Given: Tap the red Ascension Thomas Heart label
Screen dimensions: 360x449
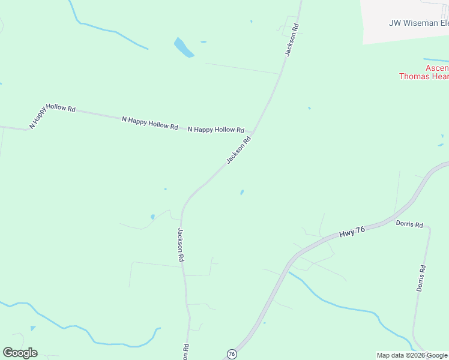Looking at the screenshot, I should click(424, 72).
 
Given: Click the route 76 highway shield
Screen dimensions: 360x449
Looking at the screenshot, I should click(232, 354).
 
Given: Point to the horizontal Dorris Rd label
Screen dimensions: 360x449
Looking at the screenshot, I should click(409, 224).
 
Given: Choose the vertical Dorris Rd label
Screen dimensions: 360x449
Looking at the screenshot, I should click(422, 278).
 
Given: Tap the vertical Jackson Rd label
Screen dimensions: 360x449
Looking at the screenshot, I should click(180, 244).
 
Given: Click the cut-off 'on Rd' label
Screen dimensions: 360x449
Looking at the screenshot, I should click(186, 350).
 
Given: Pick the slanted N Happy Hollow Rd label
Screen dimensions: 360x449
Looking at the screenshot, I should click(53, 116).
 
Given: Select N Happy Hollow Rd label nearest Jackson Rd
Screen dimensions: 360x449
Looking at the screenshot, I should click(216, 130).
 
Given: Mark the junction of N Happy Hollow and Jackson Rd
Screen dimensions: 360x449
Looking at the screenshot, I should click(253, 132).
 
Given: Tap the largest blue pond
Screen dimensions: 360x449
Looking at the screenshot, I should click(184, 47).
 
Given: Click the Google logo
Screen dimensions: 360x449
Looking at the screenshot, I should click(20, 353).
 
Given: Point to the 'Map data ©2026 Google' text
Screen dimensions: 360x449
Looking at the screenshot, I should click(412, 355).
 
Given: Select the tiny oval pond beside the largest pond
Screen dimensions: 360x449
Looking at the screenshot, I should click(203, 42).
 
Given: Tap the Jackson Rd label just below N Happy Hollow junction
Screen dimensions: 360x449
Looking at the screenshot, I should click(238, 150).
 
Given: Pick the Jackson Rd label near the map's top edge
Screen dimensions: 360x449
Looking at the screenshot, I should click(292, 41).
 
